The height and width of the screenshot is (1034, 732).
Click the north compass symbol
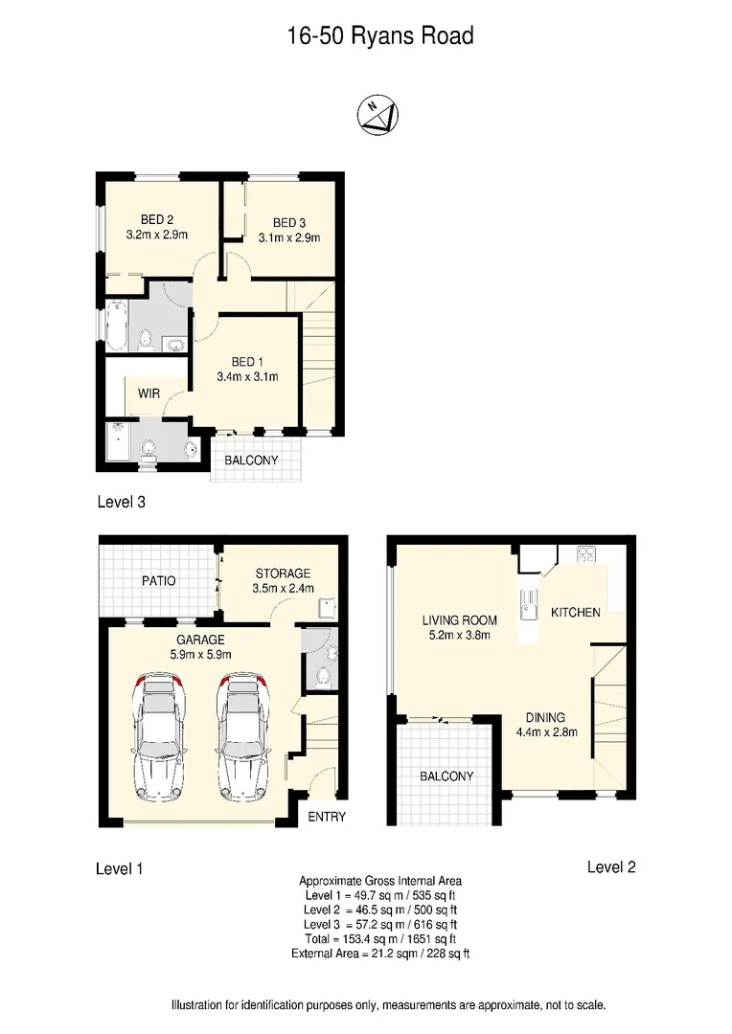(378, 115)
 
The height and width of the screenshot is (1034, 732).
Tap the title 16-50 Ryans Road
(380, 36)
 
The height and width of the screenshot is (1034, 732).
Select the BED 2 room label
(156, 219)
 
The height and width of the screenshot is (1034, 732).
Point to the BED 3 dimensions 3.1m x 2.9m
(288, 237)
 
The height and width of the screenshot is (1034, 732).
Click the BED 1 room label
(247, 361)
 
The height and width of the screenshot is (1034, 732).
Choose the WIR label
(149, 393)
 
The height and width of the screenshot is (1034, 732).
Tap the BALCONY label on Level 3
(251, 461)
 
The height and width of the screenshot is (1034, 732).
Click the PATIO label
(158, 581)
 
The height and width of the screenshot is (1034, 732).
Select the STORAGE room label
(283, 573)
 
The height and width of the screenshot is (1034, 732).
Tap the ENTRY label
(327, 817)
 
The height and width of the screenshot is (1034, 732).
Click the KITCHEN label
(576, 612)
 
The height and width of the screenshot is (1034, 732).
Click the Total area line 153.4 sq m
(379, 939)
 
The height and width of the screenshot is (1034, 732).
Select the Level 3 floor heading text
(121, 501)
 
